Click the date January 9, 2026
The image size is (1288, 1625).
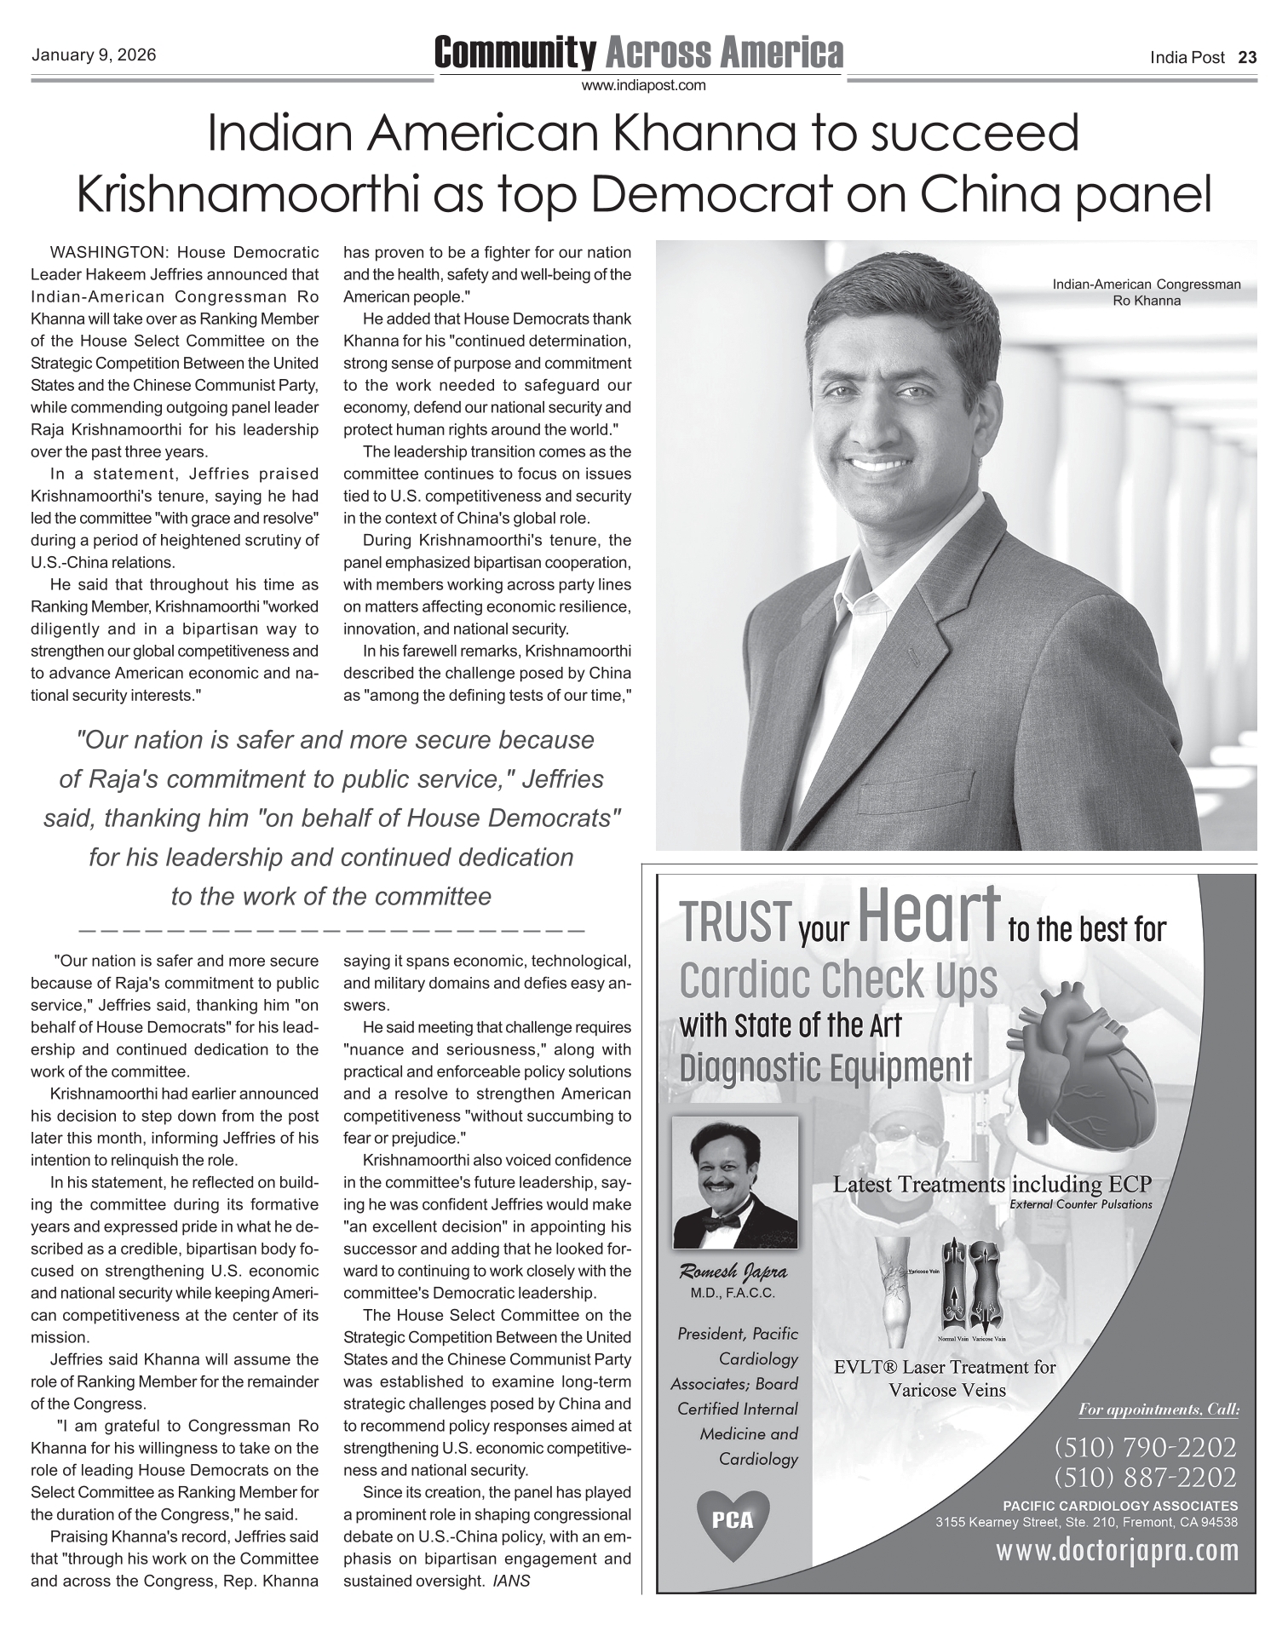[x=94, y=56]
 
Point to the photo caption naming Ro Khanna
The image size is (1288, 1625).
[x=1146, y=292]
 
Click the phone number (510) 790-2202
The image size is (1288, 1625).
[x=1144, y=1446]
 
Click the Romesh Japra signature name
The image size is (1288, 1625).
[x=733, y=1272]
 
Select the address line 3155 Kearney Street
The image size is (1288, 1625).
[x=1086, y=1522]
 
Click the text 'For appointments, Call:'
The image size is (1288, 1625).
[x=1158, y=1410]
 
